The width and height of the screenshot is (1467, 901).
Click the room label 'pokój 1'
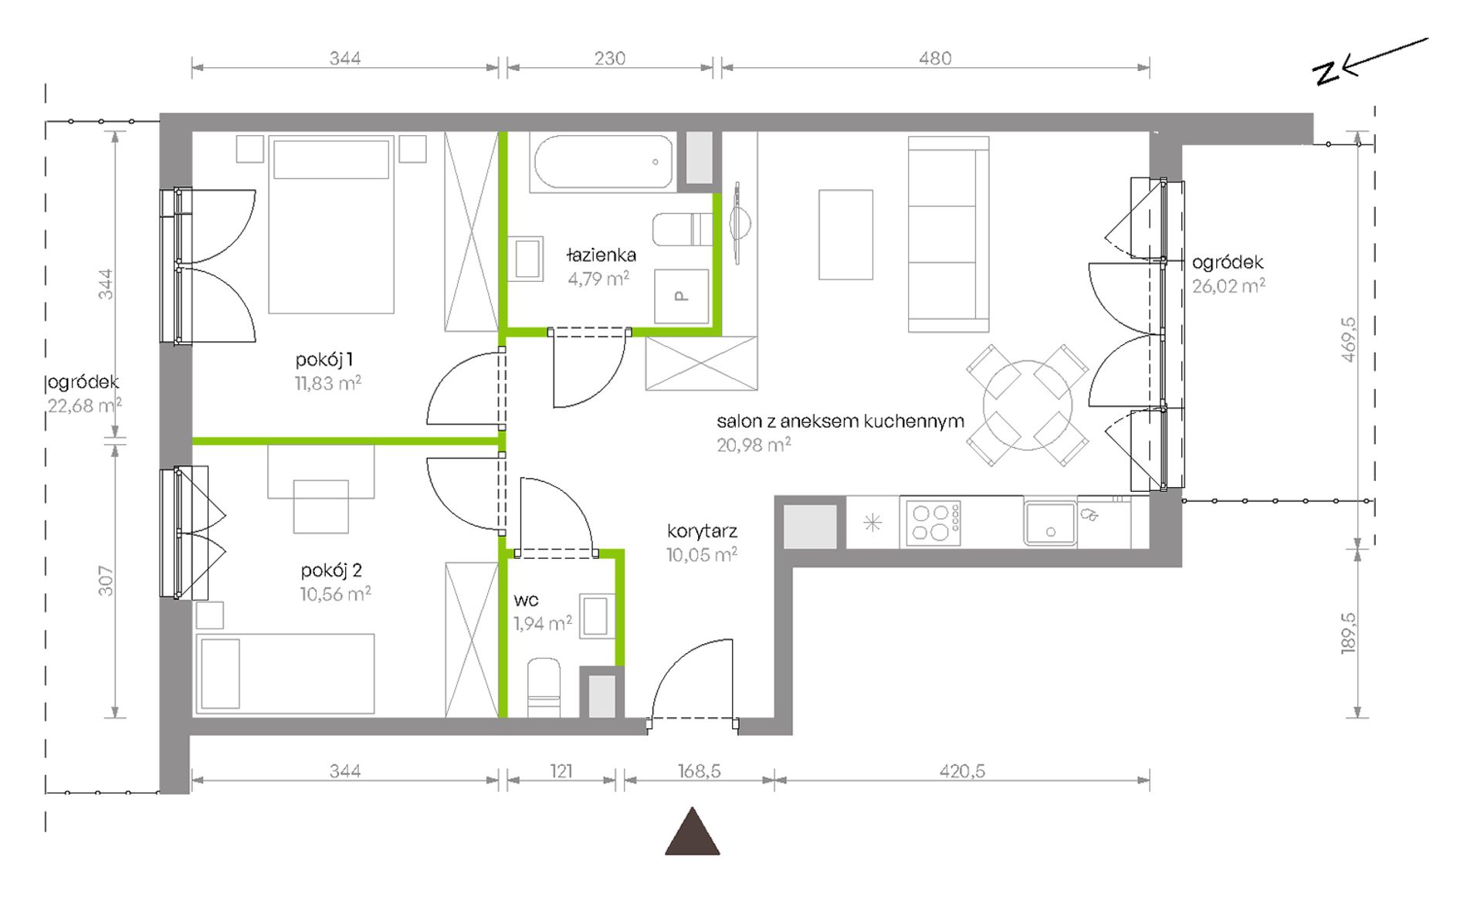coord(324,360)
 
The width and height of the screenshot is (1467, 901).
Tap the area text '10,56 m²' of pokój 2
coord(336,594)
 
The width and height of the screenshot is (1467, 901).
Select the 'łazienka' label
coord(601,255)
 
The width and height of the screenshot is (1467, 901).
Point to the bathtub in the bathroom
coord(601,162)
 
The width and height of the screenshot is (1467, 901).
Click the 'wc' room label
coord(526,600)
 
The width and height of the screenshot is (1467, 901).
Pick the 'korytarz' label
coord(703,531)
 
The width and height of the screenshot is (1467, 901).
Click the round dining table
coord(1028,405)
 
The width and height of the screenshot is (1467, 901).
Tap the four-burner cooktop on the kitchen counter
coord(933,522)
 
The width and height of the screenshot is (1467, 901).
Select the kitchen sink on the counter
coord(1050,523)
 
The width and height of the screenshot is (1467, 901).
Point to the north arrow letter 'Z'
coord(1326,73)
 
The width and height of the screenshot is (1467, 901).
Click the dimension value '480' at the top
coord(935,59)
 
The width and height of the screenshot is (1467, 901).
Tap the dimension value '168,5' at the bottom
coord(699,771)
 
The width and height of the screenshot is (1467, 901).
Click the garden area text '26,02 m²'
coord(1228,286)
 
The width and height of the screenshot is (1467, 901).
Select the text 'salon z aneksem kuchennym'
coord(840,422)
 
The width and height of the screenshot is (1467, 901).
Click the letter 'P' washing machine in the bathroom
coord(680,296)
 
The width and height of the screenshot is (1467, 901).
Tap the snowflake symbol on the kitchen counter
coord(872,523)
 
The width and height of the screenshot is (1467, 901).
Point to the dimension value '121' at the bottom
coord(561,771)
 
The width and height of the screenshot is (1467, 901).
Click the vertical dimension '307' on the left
coord(106,581)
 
